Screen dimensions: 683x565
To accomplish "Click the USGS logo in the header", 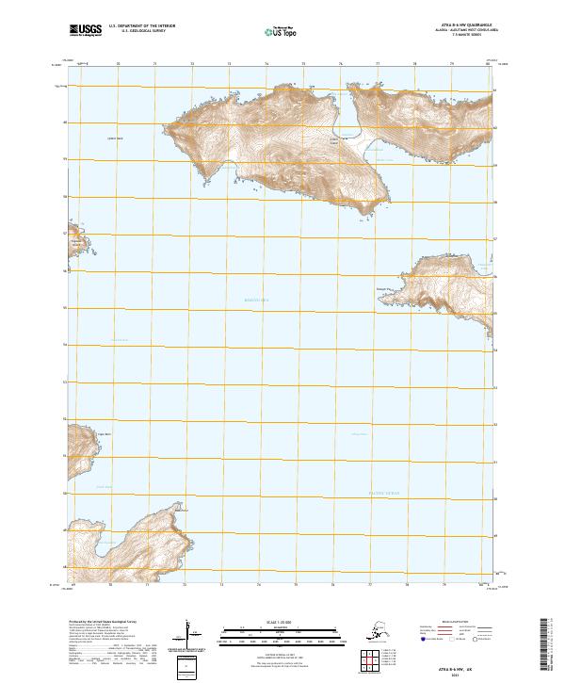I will pos(86,31).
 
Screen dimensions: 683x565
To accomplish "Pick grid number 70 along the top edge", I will pos(117,63).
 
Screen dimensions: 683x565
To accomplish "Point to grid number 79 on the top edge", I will pos(452,63).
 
